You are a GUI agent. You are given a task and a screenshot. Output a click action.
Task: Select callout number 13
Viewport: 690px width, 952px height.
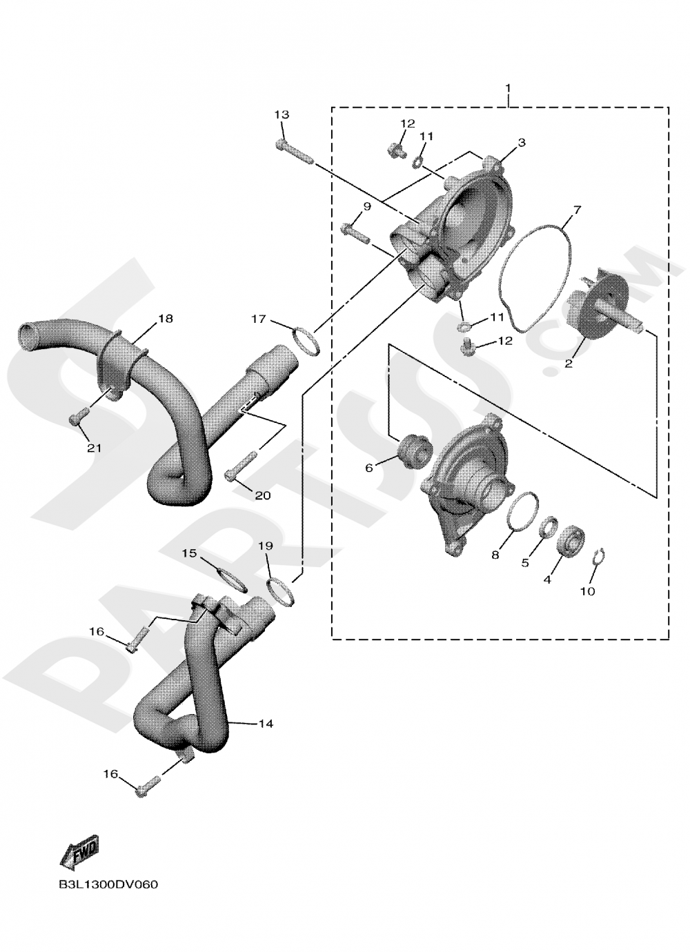282,115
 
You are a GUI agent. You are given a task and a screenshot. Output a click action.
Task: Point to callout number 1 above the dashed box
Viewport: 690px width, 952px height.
508,88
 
